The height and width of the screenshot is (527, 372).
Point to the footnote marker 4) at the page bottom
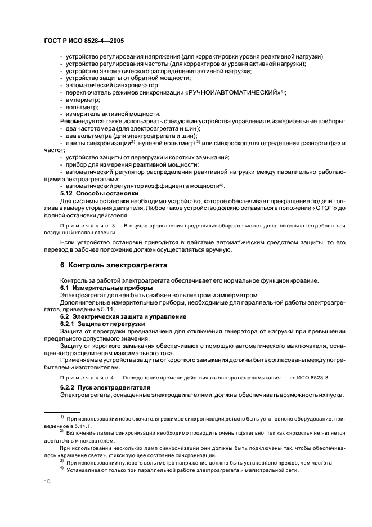62,468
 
